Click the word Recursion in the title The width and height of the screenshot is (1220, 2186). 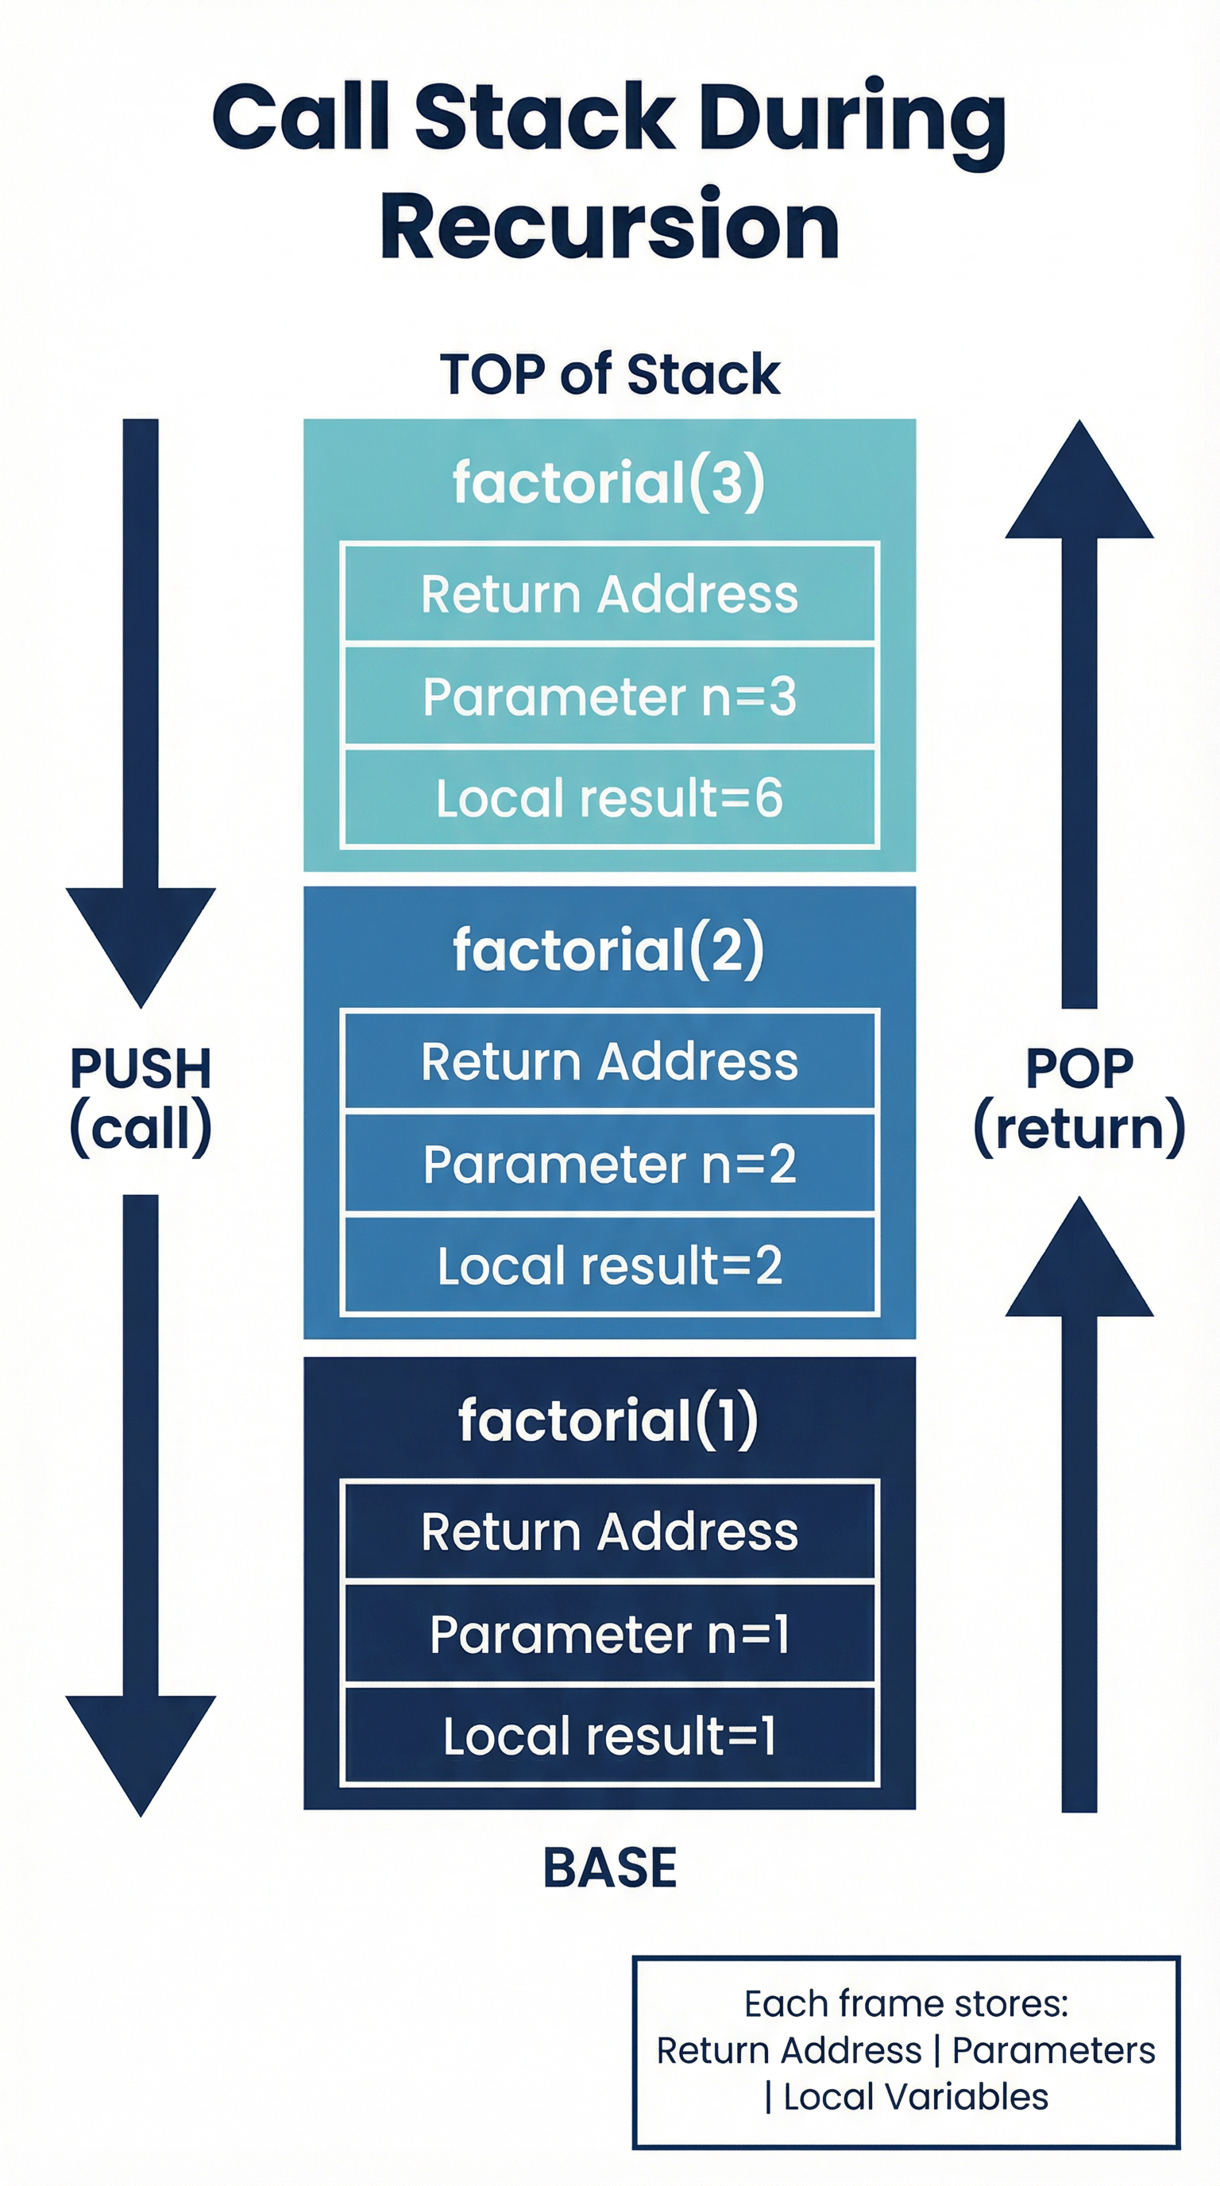tap(609, 226)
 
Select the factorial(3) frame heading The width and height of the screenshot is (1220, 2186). tap(609, 481)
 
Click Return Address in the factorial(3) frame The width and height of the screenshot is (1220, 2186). tap(609, 593)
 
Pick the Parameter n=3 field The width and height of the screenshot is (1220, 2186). tap(609, 696)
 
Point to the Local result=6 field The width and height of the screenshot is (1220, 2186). tap(609, 798)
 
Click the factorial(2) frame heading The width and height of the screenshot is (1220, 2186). tap(609, 948)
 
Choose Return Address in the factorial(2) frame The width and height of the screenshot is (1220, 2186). tap(609, 1060)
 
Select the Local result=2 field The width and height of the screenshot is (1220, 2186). tap(609, 1265)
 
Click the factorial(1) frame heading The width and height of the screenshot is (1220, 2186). tap(609, 1419)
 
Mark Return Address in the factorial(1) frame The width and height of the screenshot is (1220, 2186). tap(609, 1531)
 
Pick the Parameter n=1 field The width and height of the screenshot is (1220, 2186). tap(609, 1634)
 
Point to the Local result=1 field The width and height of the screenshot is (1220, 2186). tap(609, 1736)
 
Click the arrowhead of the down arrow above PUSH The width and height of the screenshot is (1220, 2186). tap(141, 942)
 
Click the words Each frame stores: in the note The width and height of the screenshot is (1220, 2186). tap(906, 2003)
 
